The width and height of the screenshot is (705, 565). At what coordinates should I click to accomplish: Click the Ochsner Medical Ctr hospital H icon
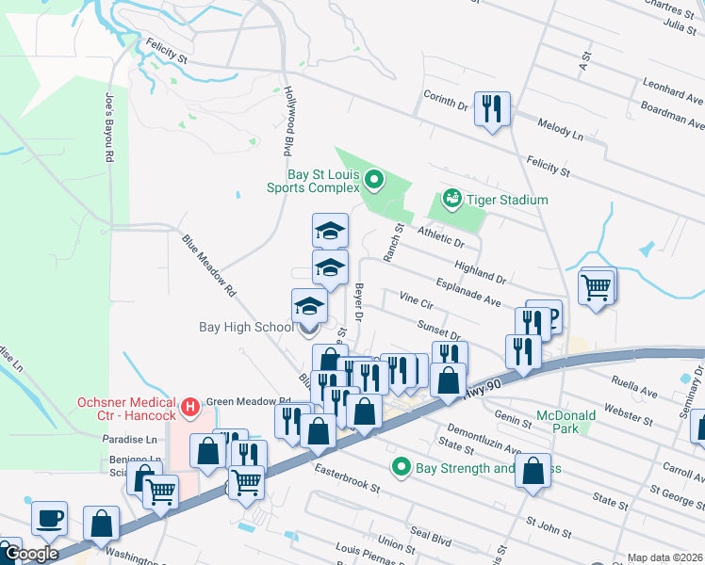point(190,407)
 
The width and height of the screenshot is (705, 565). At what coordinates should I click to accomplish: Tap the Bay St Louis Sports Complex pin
point(374,178)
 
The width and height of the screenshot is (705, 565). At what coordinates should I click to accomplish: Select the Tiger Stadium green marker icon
point(451,200)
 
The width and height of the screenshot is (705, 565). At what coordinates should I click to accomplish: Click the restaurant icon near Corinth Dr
point(492,108)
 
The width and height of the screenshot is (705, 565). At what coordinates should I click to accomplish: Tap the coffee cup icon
point(49,518)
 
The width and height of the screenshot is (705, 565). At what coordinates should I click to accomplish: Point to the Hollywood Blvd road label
point(287,121)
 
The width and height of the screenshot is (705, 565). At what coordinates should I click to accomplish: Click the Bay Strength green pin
point(402,467)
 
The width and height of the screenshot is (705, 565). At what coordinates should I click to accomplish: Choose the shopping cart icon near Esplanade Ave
point(598,287)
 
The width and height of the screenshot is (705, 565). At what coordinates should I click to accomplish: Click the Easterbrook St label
point(347,478)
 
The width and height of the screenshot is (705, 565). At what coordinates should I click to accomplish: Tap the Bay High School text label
point(246,328)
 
